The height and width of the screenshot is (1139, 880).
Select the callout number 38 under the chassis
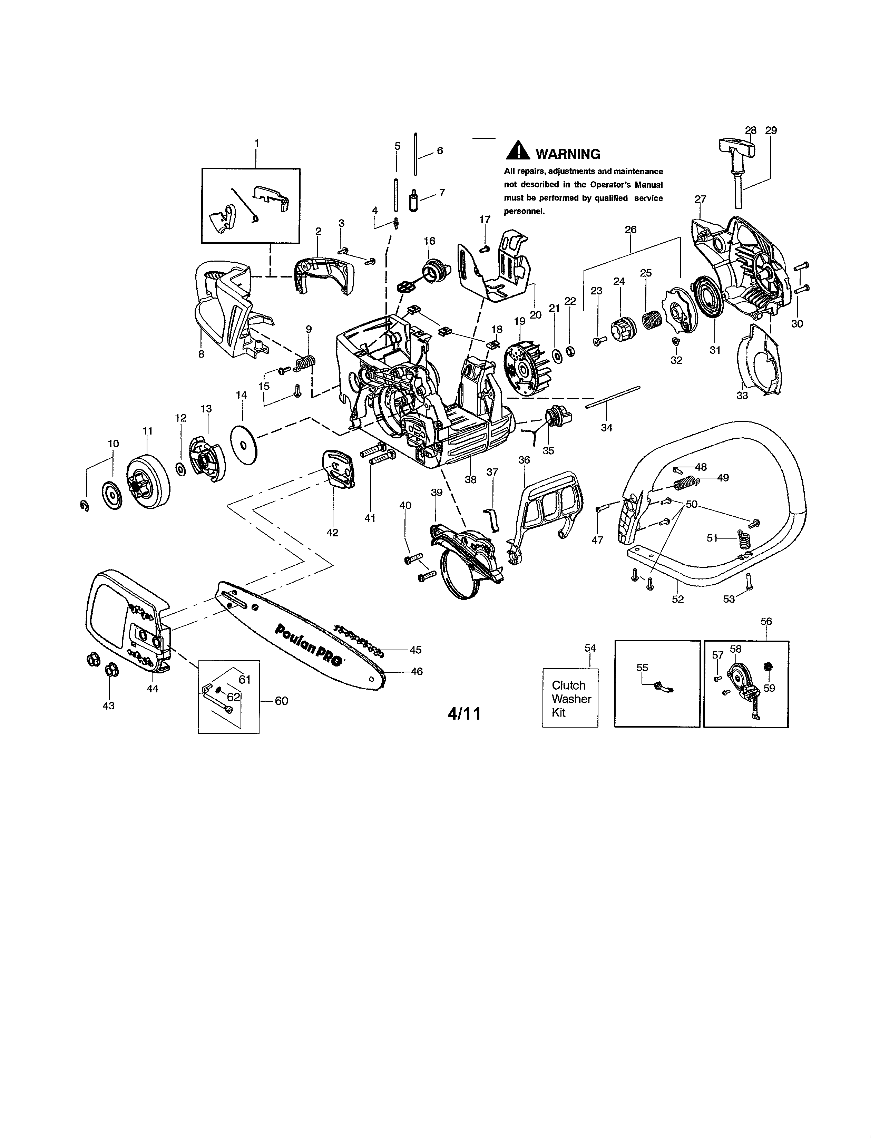coord(470,479)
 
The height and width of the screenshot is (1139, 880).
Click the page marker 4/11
coord(464,713)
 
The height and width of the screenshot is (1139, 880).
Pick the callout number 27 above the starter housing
coord(700,199)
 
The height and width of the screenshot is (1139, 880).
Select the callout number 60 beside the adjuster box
coord(281,701)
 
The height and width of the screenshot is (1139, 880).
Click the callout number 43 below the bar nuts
coord(108,705)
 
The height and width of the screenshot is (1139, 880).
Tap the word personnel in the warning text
coord(524,212)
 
